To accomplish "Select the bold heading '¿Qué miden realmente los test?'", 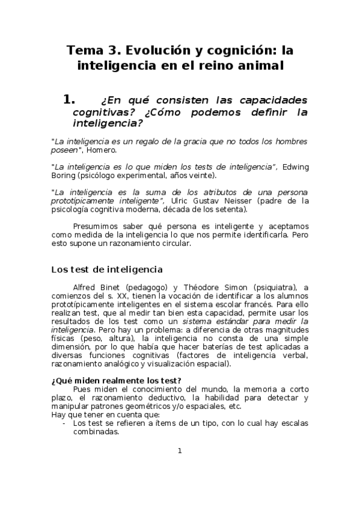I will coord(117,379).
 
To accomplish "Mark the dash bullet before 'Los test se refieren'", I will coord(64,423).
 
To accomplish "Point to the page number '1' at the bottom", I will coord(179,451).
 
